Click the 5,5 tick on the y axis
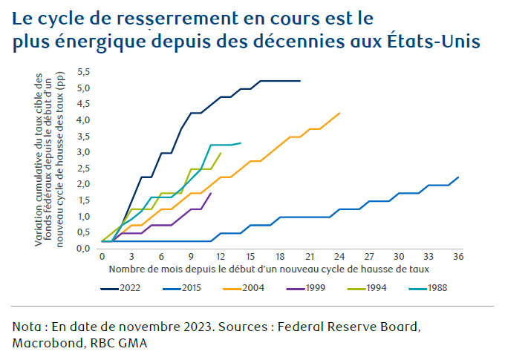83,72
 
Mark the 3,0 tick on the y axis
83,152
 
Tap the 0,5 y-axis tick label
83,232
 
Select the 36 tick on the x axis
458,256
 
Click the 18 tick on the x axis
280,256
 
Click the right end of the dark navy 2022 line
300,80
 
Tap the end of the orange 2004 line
339,113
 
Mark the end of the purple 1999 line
211,193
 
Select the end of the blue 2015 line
458,177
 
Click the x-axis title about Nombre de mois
269,268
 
